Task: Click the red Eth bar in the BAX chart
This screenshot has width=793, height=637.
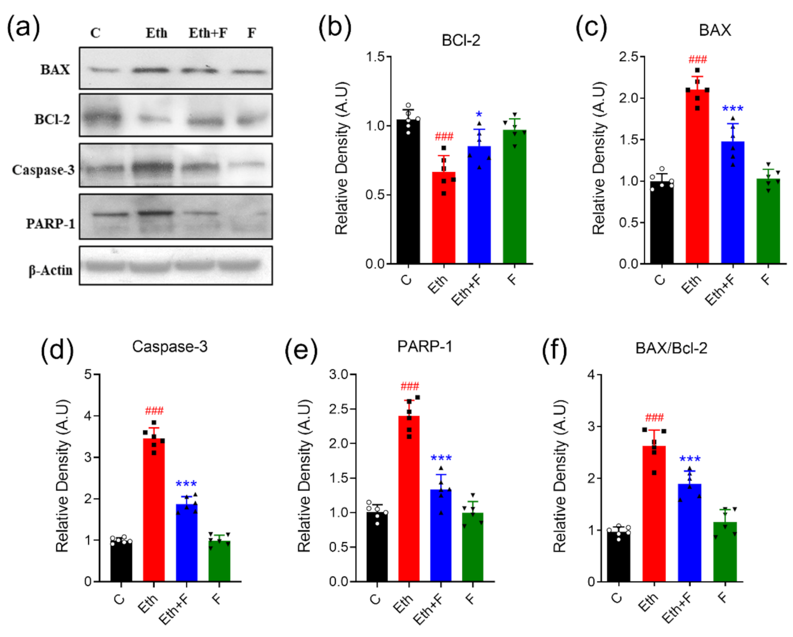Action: click(x=697, y=180)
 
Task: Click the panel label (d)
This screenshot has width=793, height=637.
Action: click(x=57, y=349)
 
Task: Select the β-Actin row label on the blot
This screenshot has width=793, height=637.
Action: click(x=50, y=270)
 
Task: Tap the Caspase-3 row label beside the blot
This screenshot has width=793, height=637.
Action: click(x=43, y=170)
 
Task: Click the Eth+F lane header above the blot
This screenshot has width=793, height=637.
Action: click(x=208, y=33)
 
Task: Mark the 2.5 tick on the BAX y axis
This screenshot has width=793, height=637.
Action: click(x=628, y=57)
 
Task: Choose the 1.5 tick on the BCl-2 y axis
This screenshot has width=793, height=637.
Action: click(x=375, y=57)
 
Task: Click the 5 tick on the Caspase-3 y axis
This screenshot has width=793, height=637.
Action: click(x=88, y=374)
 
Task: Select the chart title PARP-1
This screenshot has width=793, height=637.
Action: click(x=425, y=347)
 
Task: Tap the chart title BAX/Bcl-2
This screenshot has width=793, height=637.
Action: click(x=671, y=348)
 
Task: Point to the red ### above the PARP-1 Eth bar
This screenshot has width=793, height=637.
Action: click(x=409, y=386)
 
